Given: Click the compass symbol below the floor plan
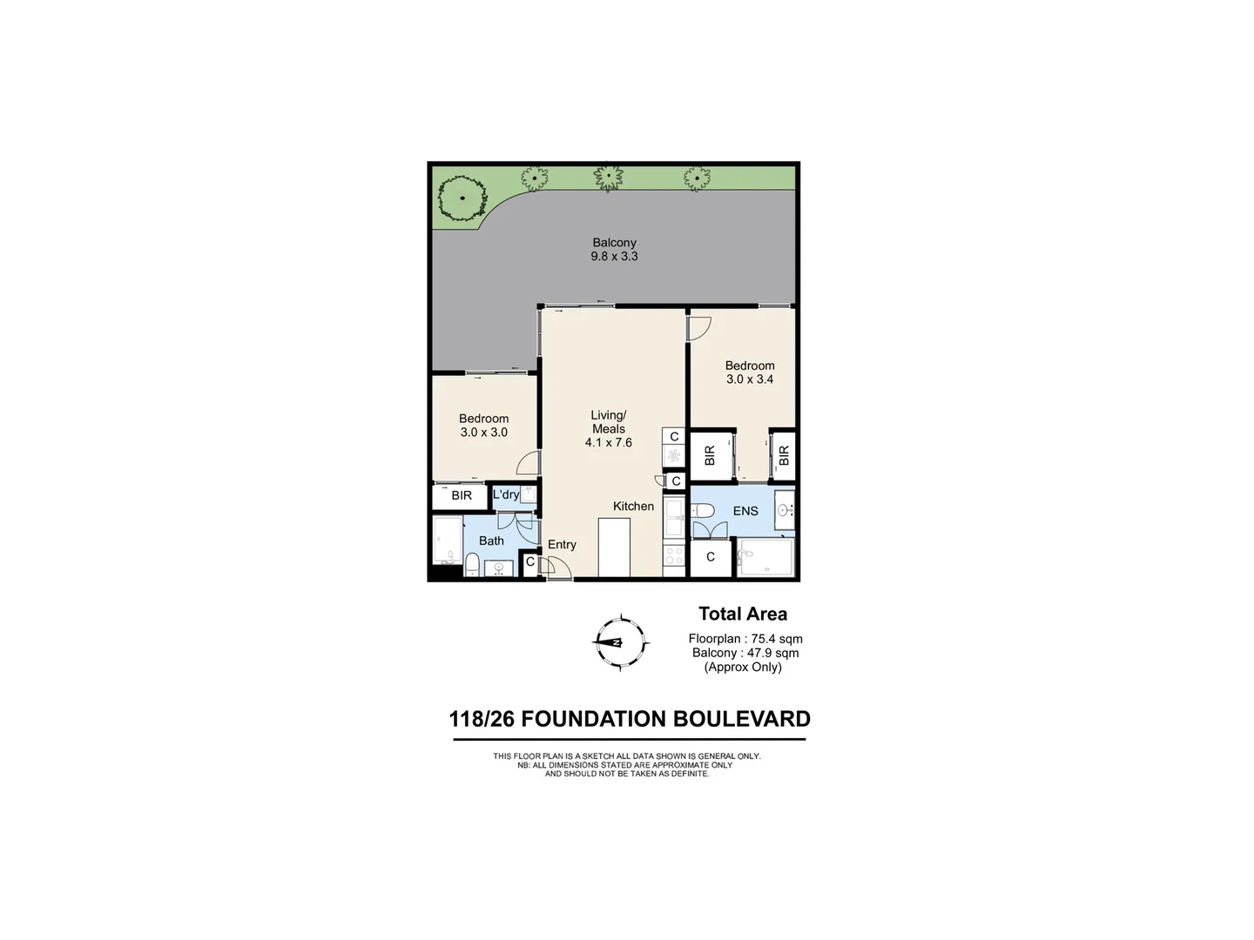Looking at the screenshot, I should pos(621,643).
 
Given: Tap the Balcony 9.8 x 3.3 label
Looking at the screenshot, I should pos(615,250).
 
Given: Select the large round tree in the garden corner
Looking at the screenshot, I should pos(462,199).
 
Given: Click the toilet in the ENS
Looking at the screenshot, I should pos(703,511).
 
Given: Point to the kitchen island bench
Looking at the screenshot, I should pos(614,547).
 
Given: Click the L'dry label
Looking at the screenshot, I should pos(506,494).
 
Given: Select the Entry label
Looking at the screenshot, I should pos(562,545).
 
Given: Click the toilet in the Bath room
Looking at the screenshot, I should pos(471,566).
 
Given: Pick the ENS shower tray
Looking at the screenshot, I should pos(766,557).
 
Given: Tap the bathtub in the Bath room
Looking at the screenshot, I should pos(448,541).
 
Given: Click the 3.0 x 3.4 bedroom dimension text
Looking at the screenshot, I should pos(750,379).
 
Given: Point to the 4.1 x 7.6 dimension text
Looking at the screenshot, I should pos(609,442).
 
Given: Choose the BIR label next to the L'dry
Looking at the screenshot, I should pos(462,496).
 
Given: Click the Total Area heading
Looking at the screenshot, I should pos(743,614).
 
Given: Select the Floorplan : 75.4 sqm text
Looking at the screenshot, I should pos(745,639).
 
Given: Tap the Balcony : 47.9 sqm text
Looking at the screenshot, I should pos(745,653).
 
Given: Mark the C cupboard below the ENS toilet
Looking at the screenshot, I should pos(711,557).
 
